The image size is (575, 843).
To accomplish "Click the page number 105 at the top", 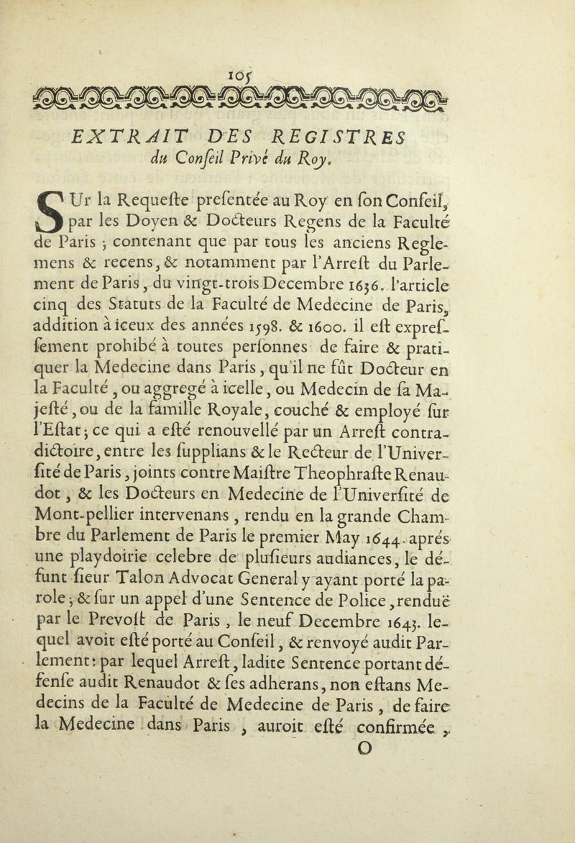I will tap(287, 73).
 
